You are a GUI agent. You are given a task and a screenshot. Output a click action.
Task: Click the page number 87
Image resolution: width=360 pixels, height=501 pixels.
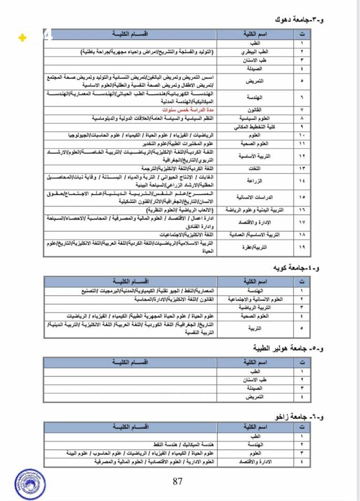178,481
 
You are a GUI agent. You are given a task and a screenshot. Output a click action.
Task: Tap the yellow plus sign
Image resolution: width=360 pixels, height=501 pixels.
22,38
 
